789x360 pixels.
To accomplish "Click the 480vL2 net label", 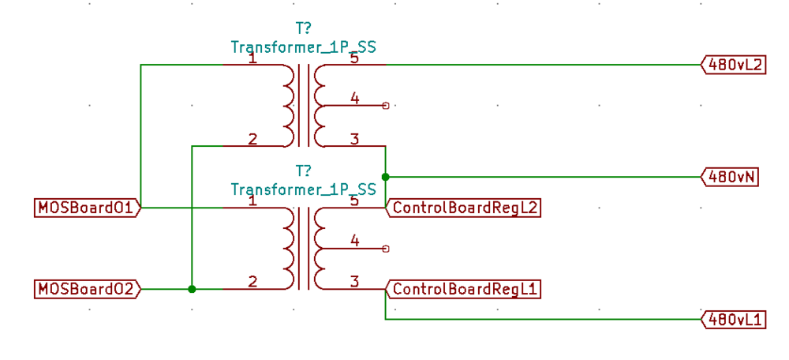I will click(733, 66).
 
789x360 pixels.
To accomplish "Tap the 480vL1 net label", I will click(733, 320).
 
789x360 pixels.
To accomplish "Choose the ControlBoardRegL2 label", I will click(463, 208).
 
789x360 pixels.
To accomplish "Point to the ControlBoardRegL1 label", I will click(463, 289).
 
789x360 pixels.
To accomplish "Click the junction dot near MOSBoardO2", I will click(192, 289).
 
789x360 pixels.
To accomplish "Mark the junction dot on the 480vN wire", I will click(385, 177).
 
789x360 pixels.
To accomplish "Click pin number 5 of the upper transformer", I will click(354, 58).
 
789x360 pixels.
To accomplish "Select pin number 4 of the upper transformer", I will click(354, 98).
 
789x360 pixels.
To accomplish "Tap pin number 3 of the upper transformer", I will click(354, 139).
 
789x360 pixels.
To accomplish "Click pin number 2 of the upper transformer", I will click(252, 139).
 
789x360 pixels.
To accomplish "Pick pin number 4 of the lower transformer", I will click(354, 241).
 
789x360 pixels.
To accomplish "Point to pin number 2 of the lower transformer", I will click(252, 281).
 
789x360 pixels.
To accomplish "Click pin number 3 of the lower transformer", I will click(354, 281).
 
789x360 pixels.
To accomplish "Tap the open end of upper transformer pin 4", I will click(385, 105).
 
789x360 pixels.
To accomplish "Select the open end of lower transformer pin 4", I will click(385, 249).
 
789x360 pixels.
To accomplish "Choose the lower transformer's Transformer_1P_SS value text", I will click(303, 189).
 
